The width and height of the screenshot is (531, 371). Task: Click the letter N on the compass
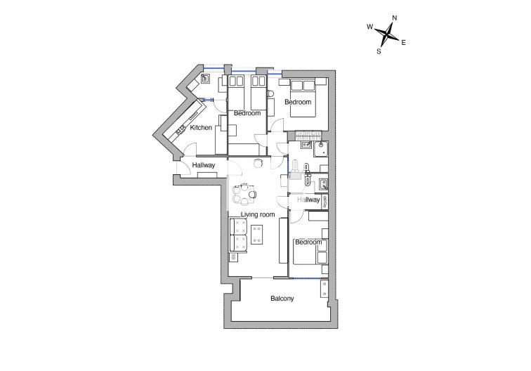(x=395, y=18)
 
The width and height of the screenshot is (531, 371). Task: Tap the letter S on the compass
(x=379, y=51)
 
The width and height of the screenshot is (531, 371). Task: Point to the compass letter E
(x=403, y=43)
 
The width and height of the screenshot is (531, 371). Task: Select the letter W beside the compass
(x=370, y=27)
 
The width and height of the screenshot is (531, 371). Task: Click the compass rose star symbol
(x=387, y=34)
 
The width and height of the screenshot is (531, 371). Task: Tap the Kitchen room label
(x=201, y=128)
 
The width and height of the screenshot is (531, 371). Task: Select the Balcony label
(x=282, y=299)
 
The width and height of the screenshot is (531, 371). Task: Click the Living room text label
(x=258, y=214)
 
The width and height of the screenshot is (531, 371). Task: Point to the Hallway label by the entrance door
(x=204, y=165)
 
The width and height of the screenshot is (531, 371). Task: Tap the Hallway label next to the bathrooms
(x=308, y=200)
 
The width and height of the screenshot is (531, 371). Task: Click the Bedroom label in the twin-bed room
(x=247, y=113)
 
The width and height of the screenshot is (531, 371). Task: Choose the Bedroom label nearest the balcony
(x=308, y=242)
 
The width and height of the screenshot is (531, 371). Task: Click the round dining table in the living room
(x=244, y=194)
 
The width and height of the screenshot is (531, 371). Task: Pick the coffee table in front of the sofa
(x=257, y=234)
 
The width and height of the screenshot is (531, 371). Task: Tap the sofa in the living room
(x=237, y=236)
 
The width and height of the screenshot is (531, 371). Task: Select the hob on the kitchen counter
(x=179, y=131)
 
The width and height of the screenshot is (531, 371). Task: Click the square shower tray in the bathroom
(x=320, y=149)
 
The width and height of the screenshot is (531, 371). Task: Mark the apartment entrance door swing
(x=183, y=168)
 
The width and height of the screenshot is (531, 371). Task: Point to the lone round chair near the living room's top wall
(x=258, y=163)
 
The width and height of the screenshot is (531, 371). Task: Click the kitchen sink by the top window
(x=205, y=79)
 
